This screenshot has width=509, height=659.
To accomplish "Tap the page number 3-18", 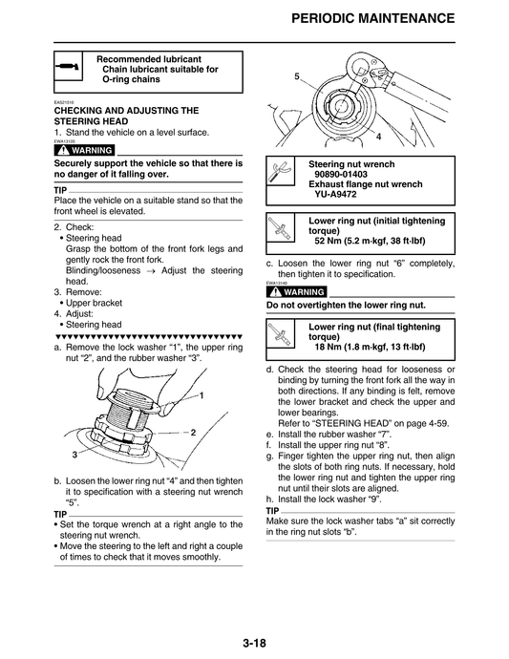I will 253,643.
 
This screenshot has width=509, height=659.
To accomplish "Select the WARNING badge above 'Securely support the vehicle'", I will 86,151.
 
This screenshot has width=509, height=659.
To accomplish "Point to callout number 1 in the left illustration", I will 202,394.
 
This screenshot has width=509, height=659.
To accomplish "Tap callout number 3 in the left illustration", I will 74,455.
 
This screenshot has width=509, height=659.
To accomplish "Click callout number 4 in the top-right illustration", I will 378,138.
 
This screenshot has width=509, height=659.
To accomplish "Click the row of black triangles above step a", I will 148,336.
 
